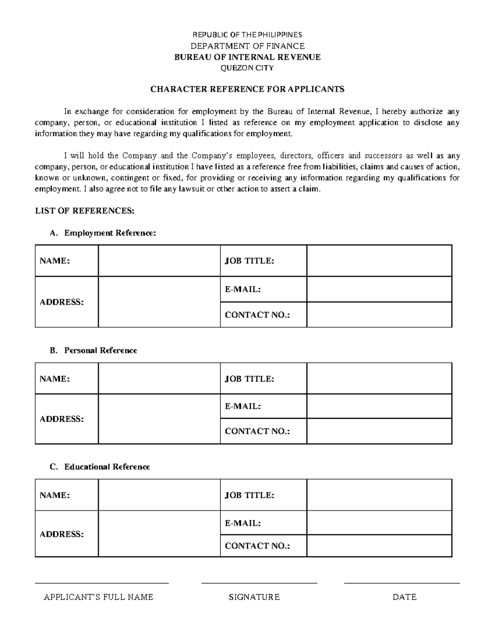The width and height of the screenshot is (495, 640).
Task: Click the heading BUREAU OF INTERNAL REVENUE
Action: pyautogui.click(x=247, y=57)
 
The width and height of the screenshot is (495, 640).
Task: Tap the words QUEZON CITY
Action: pyautogui.click(x=247, y=68)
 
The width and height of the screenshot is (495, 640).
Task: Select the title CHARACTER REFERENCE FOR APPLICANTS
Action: pyautogui.click(x=247, y=89)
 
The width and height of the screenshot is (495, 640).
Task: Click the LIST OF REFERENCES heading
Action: pyautogui.click(x=85, y=211)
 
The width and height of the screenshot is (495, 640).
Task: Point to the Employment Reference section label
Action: pyautogui.click(x=110, y=233)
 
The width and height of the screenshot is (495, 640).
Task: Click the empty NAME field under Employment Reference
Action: pyautogui.click(x=159, y=261)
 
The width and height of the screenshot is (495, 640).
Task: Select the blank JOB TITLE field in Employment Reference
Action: pyautogui.click(x=379, y=261)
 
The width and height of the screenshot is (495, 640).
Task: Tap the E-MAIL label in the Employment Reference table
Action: pyautogui.click(x=243, y=289)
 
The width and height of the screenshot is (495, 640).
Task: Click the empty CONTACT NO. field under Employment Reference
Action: pyautogui.click(x=379, y=315)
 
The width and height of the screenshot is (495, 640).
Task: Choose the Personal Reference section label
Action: pyautogui.click(x=100, y=350)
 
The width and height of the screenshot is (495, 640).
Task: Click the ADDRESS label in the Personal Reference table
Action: pyautogui.click(x=61, y=419)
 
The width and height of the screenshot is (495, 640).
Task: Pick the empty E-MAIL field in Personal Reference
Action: pyautogui.click(x=379, y=406)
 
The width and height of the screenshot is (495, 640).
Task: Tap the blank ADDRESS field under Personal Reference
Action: pyautogui.click(x=159, y=419)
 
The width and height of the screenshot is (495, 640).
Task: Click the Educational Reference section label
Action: pyautogui.click(x=107, y=467)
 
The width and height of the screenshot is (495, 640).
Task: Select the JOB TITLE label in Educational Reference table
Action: pyautogui.click(x=249, y=495)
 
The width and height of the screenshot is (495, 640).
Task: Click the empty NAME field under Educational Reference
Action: pyautogui.click(x=159, y=495)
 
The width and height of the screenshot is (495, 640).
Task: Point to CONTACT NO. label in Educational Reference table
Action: pyautogui.click(x=257, y=546)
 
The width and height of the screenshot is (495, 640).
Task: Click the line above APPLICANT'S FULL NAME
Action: pyautogui.click(x=102, y=582)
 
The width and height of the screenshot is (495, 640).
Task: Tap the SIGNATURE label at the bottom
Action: pyautogui.click(x=254, y=597)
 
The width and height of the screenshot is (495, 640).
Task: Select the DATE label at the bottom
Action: pyautogui.click(x=404, y=597)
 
